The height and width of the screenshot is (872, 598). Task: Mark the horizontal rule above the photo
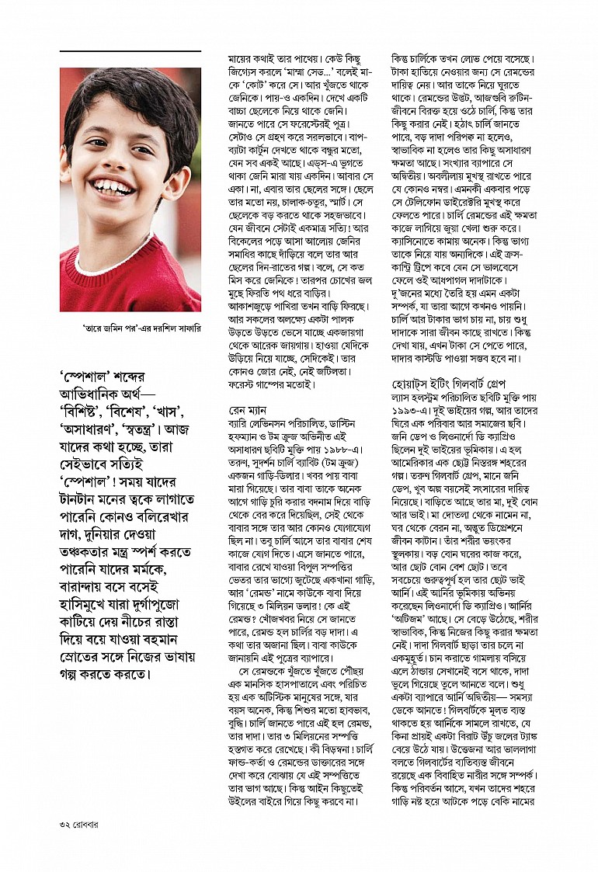pos(130,51)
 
